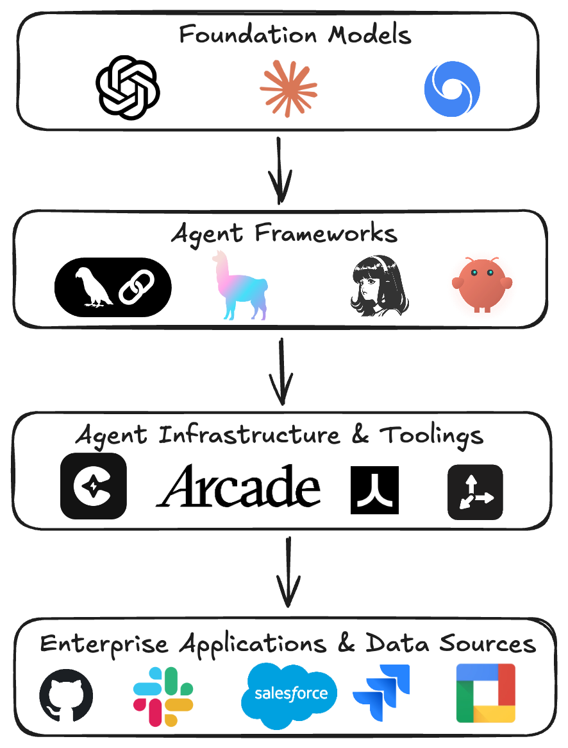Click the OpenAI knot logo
click(x=128, y=88)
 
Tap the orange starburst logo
click(x=288, y=89)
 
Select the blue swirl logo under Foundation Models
click(x=452, y=89)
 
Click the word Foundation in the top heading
click(x=248, y=35)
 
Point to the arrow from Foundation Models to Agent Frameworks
click(x=280, y=170)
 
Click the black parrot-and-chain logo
click(x=113, y=287)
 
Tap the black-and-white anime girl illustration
click(x=380, y=285)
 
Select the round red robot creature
click(x=481, y=284)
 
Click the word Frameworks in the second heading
click(x=326, y=234)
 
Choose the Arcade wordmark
click(x=238, y=485)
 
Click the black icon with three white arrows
click(x=475, y=492)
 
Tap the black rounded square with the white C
click(x=94, y=485)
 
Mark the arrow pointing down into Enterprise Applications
click(x=288, y=572)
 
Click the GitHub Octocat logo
click(x=66, y=695)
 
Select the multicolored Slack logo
click(x=163, y=697)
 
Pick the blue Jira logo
click(x=381, y=693)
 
